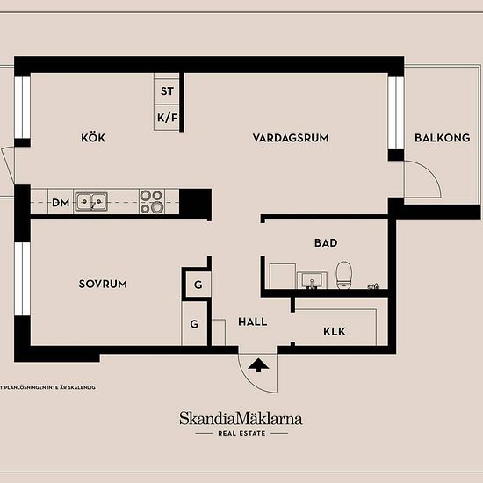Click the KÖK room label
[x=93, y=137]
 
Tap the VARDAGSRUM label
[x=291, y=138]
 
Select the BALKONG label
[x=443, y=138]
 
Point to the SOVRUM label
[x=103, y=284]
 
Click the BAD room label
[x=326, y=243]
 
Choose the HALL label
[x=253, y=322]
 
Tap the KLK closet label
[x=335, y=332]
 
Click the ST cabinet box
[x=167, y=91]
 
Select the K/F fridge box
[x=167, y=118]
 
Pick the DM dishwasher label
[x=61, y=203]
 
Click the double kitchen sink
[x=91, y=202]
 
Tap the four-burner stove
[x=152, y=201]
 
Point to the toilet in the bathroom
[x=343, y=275]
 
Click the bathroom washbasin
[x=312, y=280]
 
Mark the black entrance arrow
[x=258, y=365]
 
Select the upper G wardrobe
[x=198, y=285]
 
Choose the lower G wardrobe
[x=194, y=323]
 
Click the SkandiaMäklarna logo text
[x=241, y=418]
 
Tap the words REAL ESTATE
[x=241, y=434]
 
